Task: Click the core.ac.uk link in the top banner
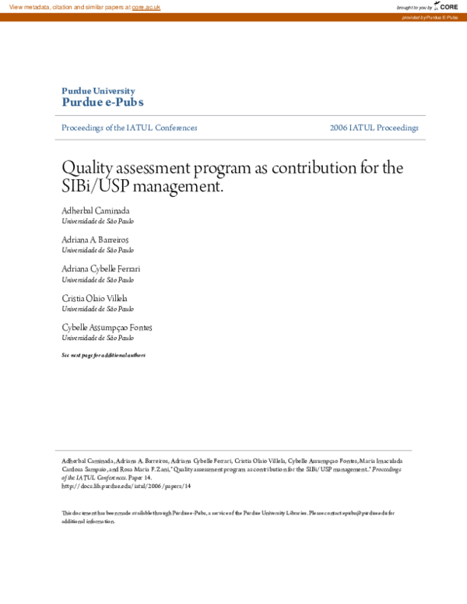146,6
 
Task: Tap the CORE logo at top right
448,6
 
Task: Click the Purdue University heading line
98,91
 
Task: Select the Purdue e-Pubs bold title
102,103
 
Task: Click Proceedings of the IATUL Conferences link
129,128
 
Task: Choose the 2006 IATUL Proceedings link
374,128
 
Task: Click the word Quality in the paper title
83,167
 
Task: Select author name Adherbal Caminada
96,211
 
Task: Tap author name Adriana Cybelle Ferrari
101,269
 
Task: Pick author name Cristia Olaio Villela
94,298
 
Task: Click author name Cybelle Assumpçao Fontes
107,328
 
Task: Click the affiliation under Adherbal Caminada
97,221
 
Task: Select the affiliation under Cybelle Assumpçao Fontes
97,338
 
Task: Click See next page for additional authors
103,355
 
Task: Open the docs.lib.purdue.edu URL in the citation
125,486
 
